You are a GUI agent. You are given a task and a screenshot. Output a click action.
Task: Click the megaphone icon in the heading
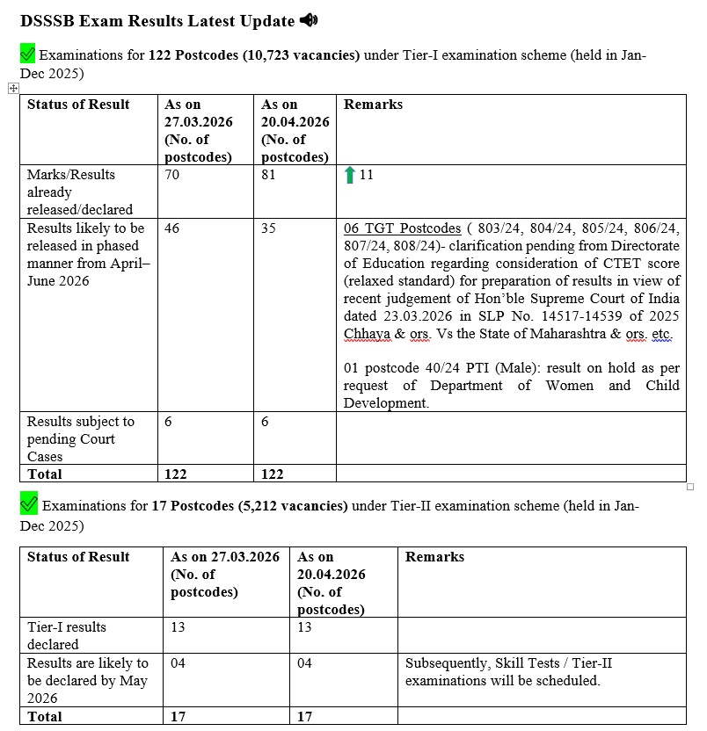click(309, 20)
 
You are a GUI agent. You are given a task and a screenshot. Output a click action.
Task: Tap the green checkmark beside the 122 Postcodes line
click(27, 55)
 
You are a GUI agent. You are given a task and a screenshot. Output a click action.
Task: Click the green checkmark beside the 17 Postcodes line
click(28, 505)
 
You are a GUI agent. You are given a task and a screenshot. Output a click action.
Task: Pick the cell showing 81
click(270, 175)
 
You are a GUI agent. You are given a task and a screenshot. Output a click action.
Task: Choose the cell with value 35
click(269, 228)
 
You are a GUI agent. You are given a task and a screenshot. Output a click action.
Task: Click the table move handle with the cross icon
click(13, 88)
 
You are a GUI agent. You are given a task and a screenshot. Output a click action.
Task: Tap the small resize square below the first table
click(690, 487)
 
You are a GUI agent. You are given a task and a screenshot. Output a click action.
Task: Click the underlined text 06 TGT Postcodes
click(402, 228)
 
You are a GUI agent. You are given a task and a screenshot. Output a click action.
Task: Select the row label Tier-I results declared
click(67, 635)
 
